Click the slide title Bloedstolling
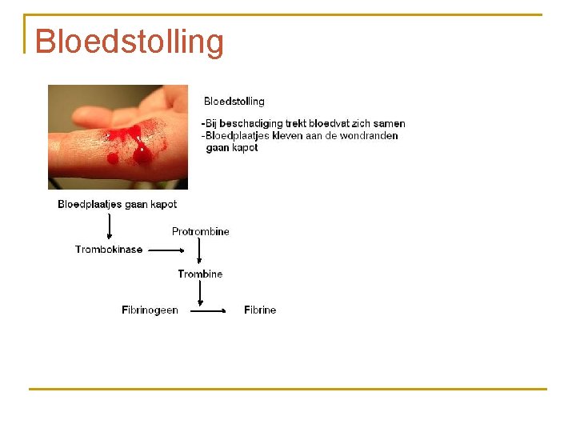point(129,42)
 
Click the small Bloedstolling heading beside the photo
point(234,102)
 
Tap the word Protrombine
point(200,232)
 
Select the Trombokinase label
point(109,250)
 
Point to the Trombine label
point(200,274)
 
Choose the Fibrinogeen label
point(150,310)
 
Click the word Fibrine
point(260,310)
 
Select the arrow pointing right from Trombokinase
point(167,250)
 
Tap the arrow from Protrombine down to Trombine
point(199,253)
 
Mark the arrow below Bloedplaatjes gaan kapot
point(110,226)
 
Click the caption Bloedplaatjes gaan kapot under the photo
point(117,205)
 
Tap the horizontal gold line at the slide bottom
point(288,389)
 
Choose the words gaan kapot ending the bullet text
point(232,148)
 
